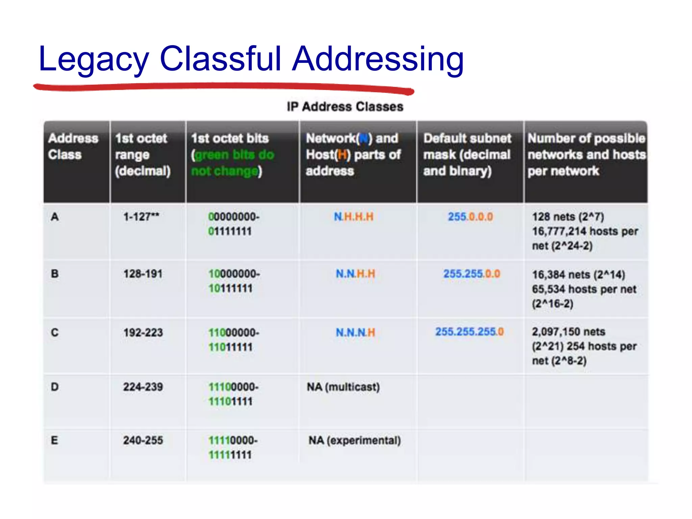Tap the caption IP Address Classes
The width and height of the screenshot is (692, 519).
tap(345, 107)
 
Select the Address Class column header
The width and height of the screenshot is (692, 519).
tap(73, 146)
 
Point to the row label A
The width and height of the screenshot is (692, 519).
tap(55, 217)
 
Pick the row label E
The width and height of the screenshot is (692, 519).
tap(54, 440)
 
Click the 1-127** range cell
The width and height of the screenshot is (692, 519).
tap(141, 217)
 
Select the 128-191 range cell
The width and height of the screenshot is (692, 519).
tap(143, 274)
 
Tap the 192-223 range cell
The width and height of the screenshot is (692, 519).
tap(143, 332)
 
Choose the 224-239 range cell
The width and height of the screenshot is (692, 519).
tap(143, 387)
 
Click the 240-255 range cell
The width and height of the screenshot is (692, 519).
tap(143, 440)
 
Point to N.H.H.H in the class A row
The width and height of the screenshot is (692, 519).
tap(354, 217)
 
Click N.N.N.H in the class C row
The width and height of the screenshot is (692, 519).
tap(355, 332)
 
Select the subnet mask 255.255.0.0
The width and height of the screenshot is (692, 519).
tap(472, 274)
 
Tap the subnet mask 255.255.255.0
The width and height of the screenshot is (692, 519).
tap(469, 332)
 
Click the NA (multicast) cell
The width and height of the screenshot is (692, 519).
tap(343, 387)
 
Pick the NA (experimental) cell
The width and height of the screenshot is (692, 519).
tap(355, 440)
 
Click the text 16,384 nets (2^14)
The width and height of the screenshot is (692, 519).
tap(578, 275)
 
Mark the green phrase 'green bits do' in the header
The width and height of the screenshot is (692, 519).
tap(234, 155)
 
